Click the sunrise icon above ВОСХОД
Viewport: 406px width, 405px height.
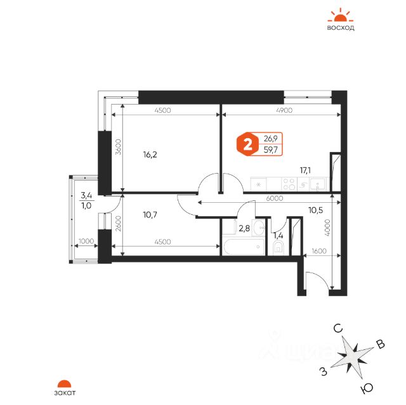340,15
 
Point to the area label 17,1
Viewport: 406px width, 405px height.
305,170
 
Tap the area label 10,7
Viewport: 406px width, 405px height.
150,215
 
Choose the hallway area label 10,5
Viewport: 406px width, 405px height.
316,210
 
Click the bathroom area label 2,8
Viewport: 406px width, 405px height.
244,229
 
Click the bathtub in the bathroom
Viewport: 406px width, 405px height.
243,247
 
